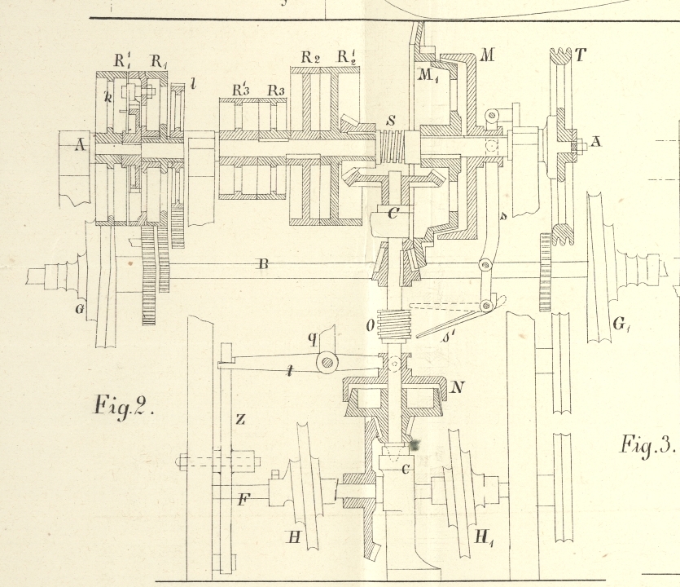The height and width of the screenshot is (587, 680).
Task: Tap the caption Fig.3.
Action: click(647, 444)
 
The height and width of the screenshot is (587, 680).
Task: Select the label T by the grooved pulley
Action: click(581, 55)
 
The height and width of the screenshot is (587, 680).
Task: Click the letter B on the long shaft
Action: click(263, 263)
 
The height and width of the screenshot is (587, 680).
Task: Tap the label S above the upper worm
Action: click(391, 120)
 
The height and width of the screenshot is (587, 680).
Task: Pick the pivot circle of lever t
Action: click(328, 360)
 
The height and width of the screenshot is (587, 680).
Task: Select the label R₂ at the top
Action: click(309, 57)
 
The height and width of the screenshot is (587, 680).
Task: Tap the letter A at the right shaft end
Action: click(596, 142)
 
